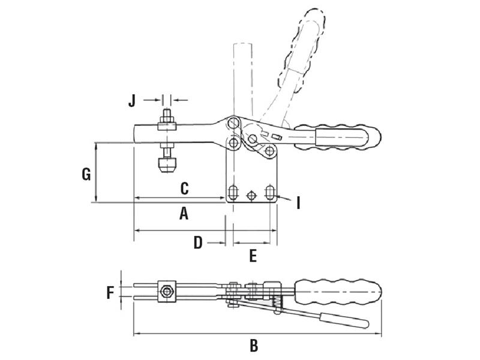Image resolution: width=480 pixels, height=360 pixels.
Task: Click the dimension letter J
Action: pyautogui.click(x=133, y=100)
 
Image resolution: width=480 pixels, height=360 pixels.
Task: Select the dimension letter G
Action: pyautogui.click(x=86, y=175)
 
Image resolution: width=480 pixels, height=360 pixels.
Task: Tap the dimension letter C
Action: pyautogui.click(x=185, y=188)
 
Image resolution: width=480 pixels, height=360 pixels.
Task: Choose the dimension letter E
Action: pyautogui.click(x=253, y=256)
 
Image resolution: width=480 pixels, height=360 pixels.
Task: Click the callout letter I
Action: pyautogui.click(x=298, y=203)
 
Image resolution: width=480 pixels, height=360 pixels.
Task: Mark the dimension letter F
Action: pyautogui.click(x=110, y=293)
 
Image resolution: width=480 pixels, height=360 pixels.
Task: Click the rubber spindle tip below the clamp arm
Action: pyautogui.click(x=166, y=164)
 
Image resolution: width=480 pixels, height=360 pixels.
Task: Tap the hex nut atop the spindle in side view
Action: pyautogui.click(x=166, y=125)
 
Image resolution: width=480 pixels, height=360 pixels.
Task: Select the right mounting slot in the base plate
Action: pyautogui.click(x=270, y=193)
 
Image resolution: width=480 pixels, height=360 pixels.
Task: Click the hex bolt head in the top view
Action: pyautogui.click(x=166, y=293)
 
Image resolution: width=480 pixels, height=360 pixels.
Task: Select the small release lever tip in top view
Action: pyautogui.click(x=344, y=320)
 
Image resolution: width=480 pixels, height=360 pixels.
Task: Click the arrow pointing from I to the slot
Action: pyautogui.click(x=284, y=197)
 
